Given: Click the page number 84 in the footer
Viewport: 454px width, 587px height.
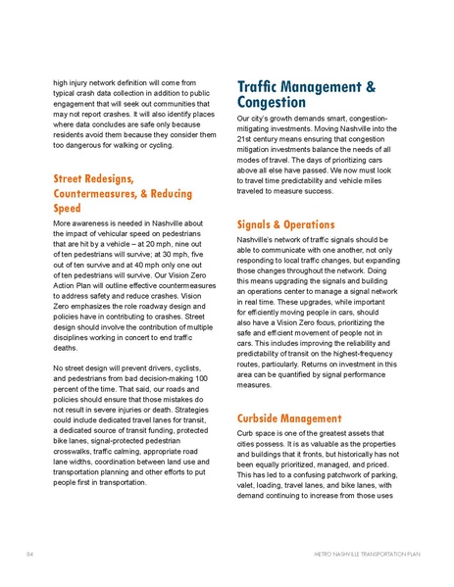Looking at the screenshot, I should click(30, 555).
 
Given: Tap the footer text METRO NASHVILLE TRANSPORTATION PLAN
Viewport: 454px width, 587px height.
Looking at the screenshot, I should click(363, 555).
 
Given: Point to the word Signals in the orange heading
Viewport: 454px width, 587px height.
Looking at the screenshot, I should click(259, 223).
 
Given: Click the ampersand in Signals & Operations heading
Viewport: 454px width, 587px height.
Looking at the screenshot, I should click(288, 223).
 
